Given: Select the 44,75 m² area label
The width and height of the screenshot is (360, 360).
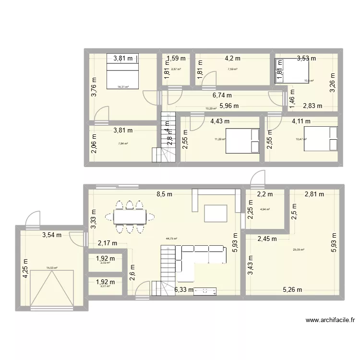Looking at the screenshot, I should tap(171, 238).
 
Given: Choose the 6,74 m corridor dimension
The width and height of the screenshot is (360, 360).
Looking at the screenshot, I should tap(222, 95).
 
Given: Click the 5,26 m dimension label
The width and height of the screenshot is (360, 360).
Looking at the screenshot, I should tap(292, 289).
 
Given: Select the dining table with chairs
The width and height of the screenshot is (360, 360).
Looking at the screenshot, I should tap(130, 217).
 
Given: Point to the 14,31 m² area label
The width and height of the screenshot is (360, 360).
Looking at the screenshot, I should tap(123, 87).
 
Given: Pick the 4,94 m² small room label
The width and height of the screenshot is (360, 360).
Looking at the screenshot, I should tap(264, 209).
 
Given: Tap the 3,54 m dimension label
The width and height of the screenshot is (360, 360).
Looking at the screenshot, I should tap(52, 235).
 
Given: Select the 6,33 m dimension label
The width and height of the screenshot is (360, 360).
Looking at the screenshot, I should tap(184, 289).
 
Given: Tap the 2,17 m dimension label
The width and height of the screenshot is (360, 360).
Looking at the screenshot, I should tap(107, 243).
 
